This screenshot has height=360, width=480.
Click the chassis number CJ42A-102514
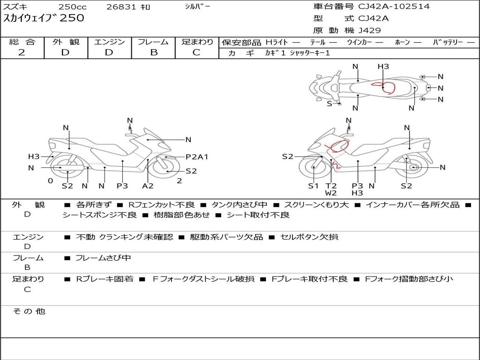tap(394, 6)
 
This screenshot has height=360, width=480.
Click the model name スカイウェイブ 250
tap(44, 18)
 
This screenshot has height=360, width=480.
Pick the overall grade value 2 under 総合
tap(22, 52)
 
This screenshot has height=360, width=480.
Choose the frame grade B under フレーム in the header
tap(154, 52)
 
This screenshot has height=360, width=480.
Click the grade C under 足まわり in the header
tap(196, 52)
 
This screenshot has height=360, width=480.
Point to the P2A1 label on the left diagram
tap(197, 157)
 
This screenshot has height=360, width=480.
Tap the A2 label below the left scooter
tap(148, 186)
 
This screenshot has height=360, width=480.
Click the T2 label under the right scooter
tap(331, 186)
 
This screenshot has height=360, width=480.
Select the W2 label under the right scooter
tap(331, 193)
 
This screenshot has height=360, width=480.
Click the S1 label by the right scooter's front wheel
tap(313, 186)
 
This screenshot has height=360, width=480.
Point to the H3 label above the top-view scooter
tap(383, 67)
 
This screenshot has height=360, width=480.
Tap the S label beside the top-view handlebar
tap(329, 104)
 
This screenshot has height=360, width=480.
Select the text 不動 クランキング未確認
tap(124, 237)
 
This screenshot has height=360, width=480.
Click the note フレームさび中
tap(103, 258)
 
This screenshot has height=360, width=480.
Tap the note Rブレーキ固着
tap(105, 279)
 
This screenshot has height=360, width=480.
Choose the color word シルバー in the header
tap(197, 7)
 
